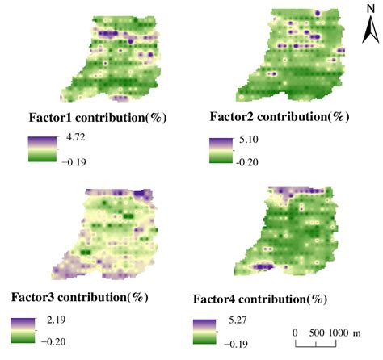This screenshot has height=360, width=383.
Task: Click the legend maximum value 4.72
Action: click(74, 137)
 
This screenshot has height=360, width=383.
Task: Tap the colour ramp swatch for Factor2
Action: click(220, 149)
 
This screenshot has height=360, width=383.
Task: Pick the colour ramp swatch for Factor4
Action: click(205, 332)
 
